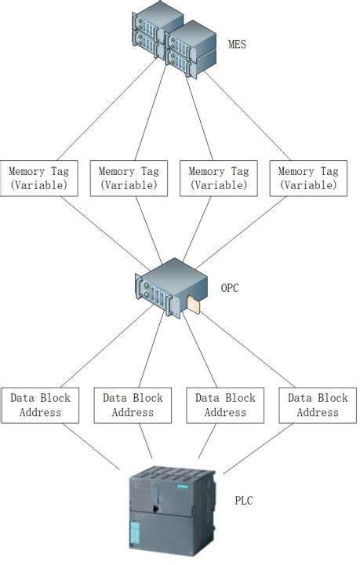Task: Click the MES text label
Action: (237, 44)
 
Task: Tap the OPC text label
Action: (230, 288)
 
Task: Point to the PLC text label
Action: (244, 500)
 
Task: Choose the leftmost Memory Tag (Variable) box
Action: (39, 178)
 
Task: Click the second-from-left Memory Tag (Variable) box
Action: (129, 178)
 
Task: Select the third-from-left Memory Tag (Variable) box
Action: (219, 178)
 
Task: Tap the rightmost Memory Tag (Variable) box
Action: (308, 178)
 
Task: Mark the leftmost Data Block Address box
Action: (40, 405)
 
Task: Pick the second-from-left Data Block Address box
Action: (133, 405)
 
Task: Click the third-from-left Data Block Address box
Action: (225, 405)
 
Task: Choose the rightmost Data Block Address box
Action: (318, 405)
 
